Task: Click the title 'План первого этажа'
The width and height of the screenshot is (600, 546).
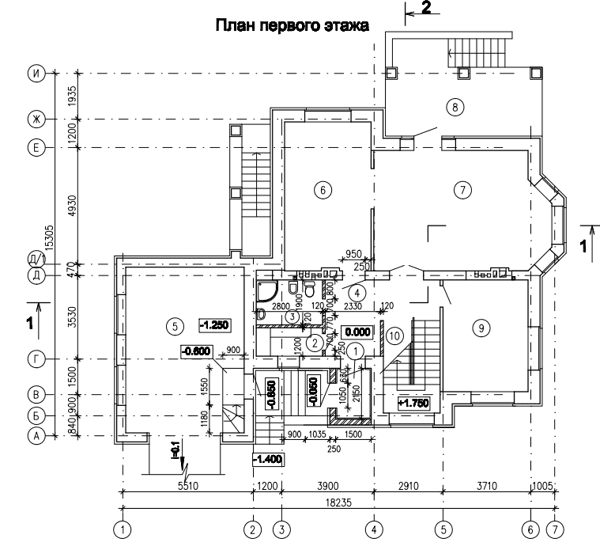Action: click(292, 25)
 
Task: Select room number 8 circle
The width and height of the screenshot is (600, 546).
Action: click(453, 106)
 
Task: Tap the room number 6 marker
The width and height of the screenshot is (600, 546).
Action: click(320, 189)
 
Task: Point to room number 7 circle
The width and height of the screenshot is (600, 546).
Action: click(462, 189)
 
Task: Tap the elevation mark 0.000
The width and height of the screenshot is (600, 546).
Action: click(357, 332)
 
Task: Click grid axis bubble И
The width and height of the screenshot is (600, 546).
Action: click(35, 74)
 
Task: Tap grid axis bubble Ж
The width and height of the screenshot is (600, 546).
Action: click(35, 119)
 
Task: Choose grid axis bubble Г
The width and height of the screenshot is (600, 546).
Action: click(35, 360)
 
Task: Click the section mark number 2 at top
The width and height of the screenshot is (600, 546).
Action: click(425, 8)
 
